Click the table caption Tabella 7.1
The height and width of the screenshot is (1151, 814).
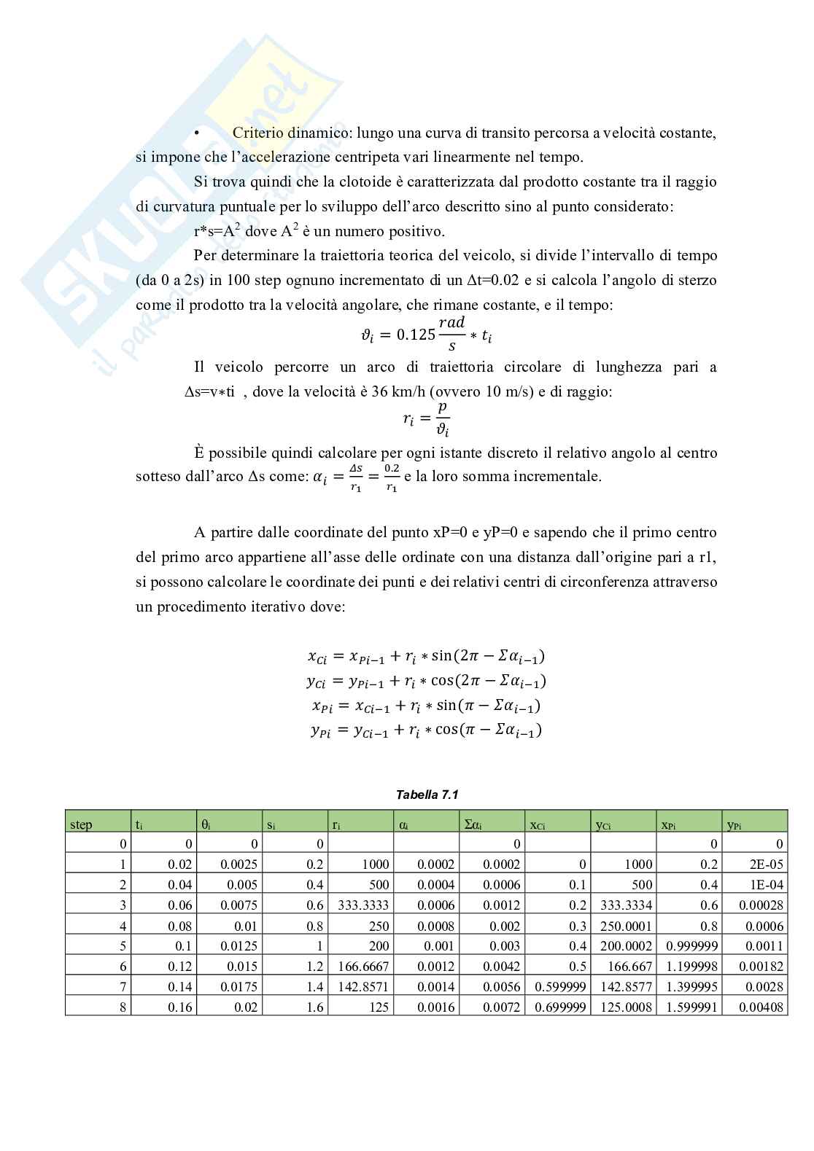pyautogui.click(x=427, y=795)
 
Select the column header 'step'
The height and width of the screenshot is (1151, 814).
pyautogui.click(x=82, y=824)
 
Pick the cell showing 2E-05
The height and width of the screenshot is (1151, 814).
pyautogui.click(x=770, y=865)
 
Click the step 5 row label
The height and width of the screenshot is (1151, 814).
pyautogui.click(x=123, y=945)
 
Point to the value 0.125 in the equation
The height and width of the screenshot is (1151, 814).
pyautogui.click(x=415, y=335)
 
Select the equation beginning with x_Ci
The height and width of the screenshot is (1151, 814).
pyautogui.click(x=427, y=656)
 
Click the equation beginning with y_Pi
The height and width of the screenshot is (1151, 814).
pyautogui.click(x=427, y=730)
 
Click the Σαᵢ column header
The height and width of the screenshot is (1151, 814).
pyautogui.click(x=473, y=824)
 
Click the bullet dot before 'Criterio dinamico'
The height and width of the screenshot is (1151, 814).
pyautogui.click(x=196, y=133)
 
